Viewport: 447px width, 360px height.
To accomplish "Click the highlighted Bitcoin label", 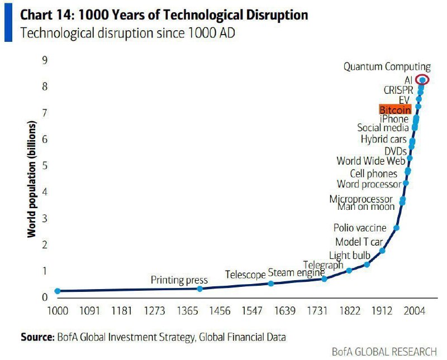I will pos(395,110).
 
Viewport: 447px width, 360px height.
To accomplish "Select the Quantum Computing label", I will pos(387,67).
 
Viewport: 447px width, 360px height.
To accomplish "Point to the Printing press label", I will pos(179,280).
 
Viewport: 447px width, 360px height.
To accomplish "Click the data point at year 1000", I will pos(58,291).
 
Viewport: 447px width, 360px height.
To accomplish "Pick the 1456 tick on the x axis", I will pos(220,310).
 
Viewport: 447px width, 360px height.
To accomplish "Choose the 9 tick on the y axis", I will pos(44,60).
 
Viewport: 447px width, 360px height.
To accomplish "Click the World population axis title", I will pos(32,179).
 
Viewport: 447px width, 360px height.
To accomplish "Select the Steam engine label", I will pos(296,273).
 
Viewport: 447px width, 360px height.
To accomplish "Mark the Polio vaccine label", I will pos(360,228).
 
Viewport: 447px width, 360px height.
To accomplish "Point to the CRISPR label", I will pos(399,90).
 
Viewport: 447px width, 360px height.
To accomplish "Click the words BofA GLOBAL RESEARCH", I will pos(384,352).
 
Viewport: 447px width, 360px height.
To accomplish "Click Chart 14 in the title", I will pos(46,15).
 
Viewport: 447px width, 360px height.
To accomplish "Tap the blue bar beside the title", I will pos(8,22).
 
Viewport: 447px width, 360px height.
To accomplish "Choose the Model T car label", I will pos(359,242).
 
